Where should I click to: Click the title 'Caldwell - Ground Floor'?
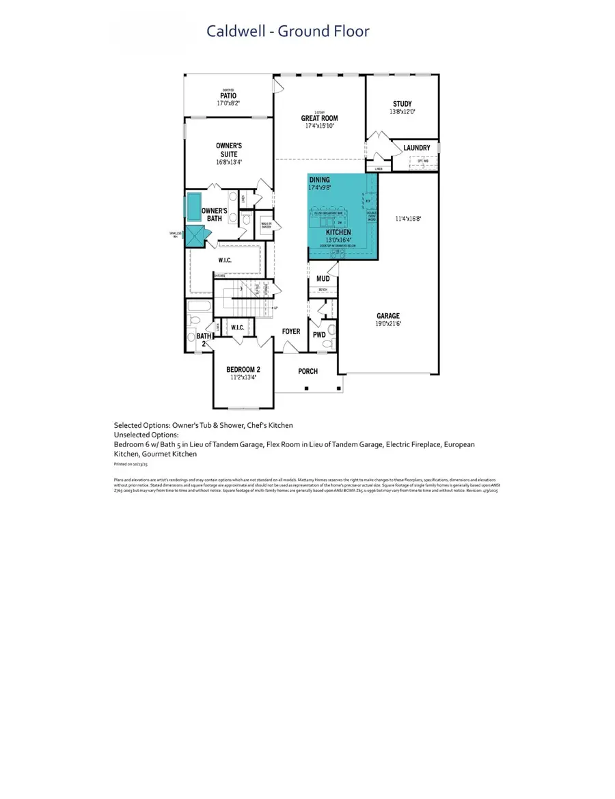[288, 31]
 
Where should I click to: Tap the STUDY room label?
[402, 104]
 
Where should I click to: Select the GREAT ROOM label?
[320, 118]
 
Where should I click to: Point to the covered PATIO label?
[228, 95]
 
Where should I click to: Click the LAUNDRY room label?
[416, 148]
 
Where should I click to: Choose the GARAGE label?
[387, 316]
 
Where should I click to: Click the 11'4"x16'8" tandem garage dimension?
[409, 219]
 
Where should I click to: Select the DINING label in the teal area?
[319, 180]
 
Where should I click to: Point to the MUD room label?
[323, 279]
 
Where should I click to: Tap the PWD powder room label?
[319, 335]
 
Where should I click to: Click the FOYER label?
[291, 331]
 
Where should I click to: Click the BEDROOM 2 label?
[243, 369]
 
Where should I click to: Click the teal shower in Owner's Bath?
[195, 236]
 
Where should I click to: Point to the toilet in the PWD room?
[332, 330]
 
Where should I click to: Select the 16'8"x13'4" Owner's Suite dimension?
[229, 163]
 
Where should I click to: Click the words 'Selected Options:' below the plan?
[141, 425]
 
